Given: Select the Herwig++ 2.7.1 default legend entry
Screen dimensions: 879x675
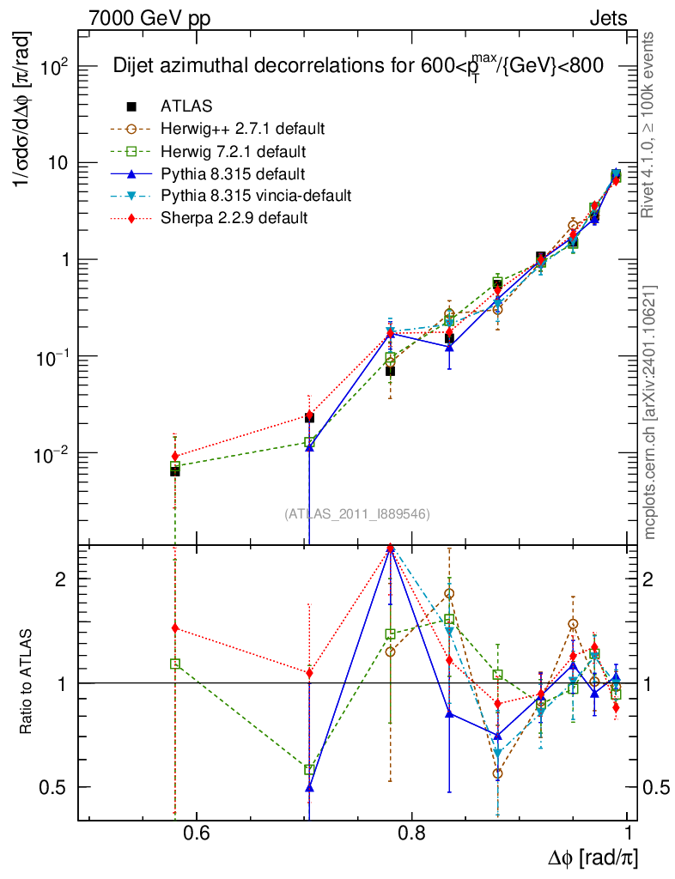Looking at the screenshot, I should pyautogui.click(x=242, y=129).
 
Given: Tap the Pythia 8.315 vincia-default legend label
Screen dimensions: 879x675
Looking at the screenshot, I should pyautogui.click(x=256, y=196).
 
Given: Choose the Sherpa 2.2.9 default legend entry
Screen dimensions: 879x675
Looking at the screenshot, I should pyautogui.click(x=234, y=218).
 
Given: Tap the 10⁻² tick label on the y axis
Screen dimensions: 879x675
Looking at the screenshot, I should pyautogui.click(x=53, y=453).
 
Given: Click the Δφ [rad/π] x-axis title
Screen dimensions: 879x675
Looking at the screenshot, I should pyautogui.click(x=593, y=858).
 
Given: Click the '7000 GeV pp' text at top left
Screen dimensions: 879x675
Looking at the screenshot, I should pyautogui.click(x=149, y=18).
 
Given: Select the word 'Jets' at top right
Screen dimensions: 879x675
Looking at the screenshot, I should pyautogui.click(x=608, y=18).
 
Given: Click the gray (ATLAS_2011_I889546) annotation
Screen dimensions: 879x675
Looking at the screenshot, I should pyautogui.click(x=356, y=514).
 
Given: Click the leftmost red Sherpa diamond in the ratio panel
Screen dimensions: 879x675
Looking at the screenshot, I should pyautogui.click(x=175, y=628).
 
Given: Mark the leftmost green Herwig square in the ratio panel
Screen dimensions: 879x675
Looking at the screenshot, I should pyautogui.click(x=175, y=664).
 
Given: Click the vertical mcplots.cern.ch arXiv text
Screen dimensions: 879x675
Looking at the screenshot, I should pyautogui.click(x=650, y=412).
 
